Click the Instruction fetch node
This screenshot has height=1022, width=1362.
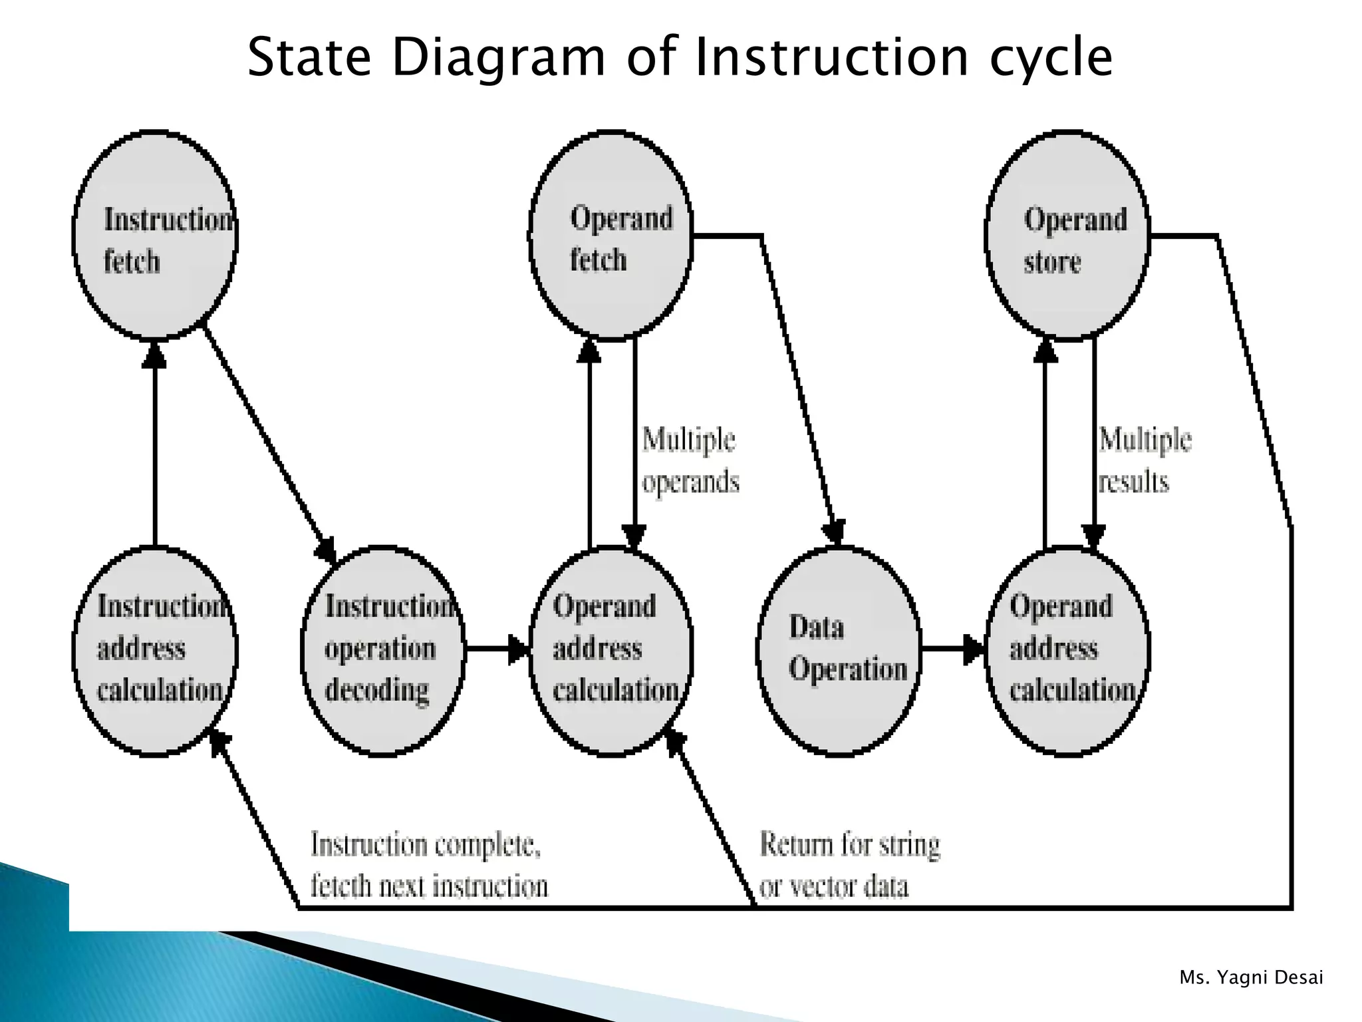pos(154,236)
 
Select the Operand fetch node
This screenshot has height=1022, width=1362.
pos(611,236)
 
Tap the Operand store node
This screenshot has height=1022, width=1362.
pos(1067,236)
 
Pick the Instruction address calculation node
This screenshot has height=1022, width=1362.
pos(154,650)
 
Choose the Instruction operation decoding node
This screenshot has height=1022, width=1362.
pos(382,650)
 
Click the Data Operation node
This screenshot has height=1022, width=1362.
pos(839,650)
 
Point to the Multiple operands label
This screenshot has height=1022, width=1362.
pos(690,460)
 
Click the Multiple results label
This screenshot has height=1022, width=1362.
pos(1144,460)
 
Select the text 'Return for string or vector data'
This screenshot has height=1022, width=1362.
pos(849,865)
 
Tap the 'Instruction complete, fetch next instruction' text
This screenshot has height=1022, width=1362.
pos(429,865)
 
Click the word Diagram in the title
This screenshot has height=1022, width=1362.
pos(499,59)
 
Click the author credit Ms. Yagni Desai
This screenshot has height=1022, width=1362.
pos(1251,977)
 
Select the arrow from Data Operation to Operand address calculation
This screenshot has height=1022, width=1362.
pos(952,649)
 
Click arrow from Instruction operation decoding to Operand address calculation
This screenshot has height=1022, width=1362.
pos(496,649)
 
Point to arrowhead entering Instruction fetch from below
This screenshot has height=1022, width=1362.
pos(154,356)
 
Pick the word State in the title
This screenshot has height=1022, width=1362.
pos(309,59)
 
